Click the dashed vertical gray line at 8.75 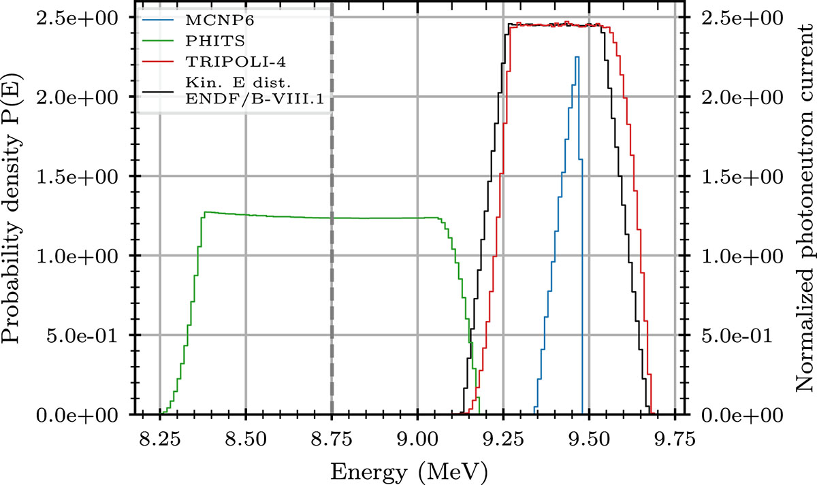click(332, 204)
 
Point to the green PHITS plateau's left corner click(205, 212)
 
